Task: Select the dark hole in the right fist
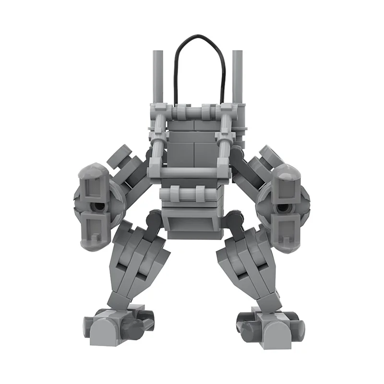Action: point(287,207)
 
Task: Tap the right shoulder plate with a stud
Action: point(266,156)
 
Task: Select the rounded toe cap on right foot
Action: point(277,331)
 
